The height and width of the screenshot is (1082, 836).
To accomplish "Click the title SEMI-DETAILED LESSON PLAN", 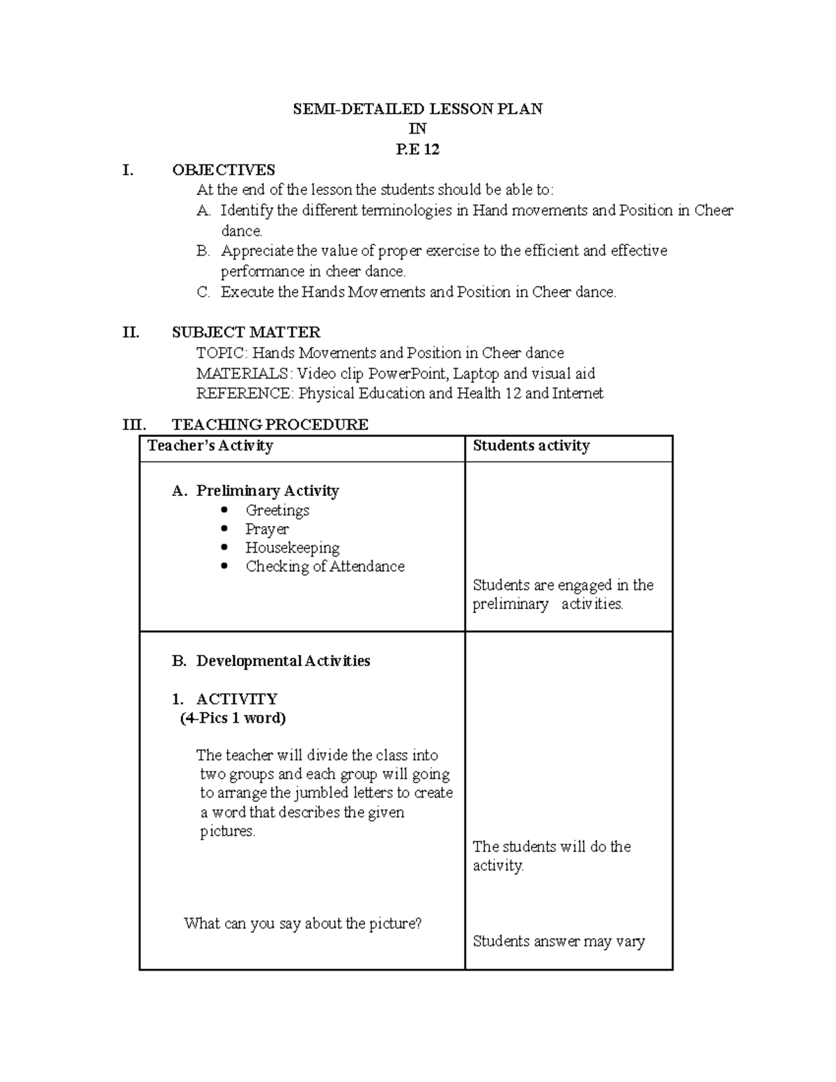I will [x=417, y=109].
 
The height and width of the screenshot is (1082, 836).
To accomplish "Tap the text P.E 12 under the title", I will [x=417, y=149].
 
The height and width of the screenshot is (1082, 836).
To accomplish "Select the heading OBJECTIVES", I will [x=223, y=170].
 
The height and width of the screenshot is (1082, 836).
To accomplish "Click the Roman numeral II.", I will [x=131, y=332].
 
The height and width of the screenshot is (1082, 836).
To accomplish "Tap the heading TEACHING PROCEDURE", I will [x=270, y=424].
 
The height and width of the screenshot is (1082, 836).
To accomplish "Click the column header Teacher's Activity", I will [x=210, y=446].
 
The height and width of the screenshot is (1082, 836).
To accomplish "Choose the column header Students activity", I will [x=531, y=446].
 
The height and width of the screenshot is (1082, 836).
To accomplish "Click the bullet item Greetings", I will [x=277, y=510].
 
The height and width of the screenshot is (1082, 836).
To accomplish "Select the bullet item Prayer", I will [x=267, y=530].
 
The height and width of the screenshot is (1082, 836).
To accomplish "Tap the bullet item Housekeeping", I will [x=292, y=548].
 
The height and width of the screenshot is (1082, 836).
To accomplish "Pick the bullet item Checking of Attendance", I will [x=325, y=566].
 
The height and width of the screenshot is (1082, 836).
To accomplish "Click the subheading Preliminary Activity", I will [x=267, y=490].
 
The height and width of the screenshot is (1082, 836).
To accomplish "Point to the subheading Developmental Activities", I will [x=283, y=660].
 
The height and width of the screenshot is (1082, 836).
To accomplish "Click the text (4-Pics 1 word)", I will [x=233, y=718].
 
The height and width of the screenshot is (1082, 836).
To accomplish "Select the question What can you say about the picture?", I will [x=302, y=924].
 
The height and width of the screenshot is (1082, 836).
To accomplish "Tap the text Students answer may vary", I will [x=559, y=941].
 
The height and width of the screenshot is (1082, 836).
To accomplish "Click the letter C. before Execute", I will [x=203, y=293].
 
